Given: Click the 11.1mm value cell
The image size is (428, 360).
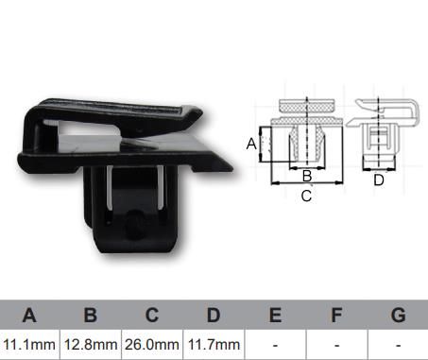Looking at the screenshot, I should tap(29, 345).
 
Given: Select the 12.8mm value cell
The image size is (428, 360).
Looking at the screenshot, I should tap(91, 345).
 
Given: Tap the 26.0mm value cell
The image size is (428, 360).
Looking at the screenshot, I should tap(152, 345).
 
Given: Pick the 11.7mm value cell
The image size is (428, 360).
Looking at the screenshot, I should tap(214, 345).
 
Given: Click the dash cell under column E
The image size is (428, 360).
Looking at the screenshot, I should tap(275, 345).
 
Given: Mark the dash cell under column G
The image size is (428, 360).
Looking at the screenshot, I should tap(398, 345).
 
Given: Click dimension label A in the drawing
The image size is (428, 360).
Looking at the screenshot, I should tap(250, 144).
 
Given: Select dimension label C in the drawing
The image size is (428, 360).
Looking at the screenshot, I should tap(306, 197).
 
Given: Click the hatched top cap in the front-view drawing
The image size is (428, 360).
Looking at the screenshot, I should tap(306, 106).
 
